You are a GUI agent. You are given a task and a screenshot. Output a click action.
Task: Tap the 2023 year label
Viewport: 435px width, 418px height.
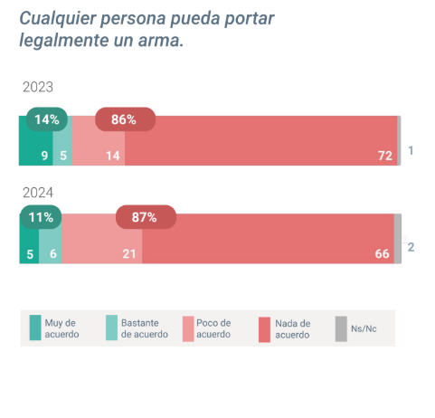click(38, 88)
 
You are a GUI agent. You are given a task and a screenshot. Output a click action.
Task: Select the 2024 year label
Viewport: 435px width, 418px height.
click(38, 193)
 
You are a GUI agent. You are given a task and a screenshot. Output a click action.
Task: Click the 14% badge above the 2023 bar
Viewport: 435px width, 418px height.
click(46, 119)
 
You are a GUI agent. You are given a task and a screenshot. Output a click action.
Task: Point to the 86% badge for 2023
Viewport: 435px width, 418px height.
click(125, 119)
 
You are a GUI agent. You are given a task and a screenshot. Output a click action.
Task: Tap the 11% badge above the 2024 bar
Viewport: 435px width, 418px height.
click(41, 217)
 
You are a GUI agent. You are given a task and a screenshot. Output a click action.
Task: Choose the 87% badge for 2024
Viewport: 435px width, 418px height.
click(145, 217)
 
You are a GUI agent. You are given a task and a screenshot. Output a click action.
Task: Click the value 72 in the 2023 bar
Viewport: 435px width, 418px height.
click(384, 156)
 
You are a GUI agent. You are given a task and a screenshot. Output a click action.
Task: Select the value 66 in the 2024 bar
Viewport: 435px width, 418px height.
click(382, 254)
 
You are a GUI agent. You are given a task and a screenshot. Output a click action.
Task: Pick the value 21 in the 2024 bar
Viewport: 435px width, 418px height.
click(129, 254)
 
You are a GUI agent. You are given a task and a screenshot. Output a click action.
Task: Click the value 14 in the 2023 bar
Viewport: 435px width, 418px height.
click(113, 156)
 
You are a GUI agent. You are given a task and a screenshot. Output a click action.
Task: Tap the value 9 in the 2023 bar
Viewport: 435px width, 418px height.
click(43, 156)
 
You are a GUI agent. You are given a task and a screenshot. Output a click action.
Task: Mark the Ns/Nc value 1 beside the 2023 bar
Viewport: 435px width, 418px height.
click(411, 150)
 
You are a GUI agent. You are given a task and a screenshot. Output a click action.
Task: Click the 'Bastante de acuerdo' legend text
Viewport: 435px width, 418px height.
click(145, 328)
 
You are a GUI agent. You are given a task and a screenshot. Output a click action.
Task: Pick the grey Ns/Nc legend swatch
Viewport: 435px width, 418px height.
click(341, 328)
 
